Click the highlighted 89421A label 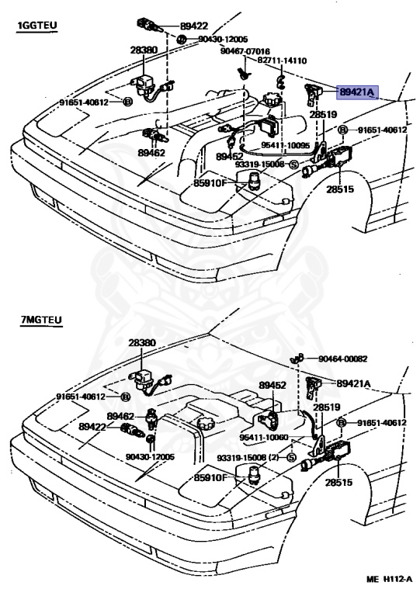point(357,92)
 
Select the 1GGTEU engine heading point(36,26)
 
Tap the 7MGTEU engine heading point(41,320)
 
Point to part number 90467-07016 point(245,51)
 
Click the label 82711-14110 point(282,61)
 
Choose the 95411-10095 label point(286,145)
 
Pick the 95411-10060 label point(264,437)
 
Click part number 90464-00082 point(343,359)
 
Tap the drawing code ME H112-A point(389,579)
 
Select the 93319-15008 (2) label point(248,458)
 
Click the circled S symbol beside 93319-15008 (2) point(292,458)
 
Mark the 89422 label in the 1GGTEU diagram point(194,26)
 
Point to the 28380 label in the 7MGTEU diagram point(142,342)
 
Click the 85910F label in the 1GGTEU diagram point(210,183)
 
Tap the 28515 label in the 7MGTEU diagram point(338,483)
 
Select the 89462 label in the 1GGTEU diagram point(151,153)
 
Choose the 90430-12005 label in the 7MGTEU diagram point(150,456)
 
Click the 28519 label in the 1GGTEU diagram point(323,114)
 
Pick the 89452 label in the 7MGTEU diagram point(272,385)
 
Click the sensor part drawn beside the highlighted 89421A point(313,94)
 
